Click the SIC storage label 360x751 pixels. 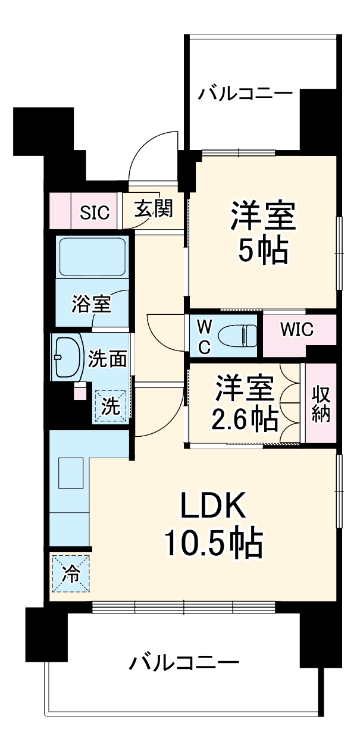[95, 212]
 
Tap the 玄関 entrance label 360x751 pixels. [153, 209]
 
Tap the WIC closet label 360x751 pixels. [297, 330]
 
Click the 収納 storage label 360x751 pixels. [321, 404]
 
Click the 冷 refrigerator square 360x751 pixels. [70, 574]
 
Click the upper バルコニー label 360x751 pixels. [245, 94]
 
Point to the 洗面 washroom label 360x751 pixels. [108, 359]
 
